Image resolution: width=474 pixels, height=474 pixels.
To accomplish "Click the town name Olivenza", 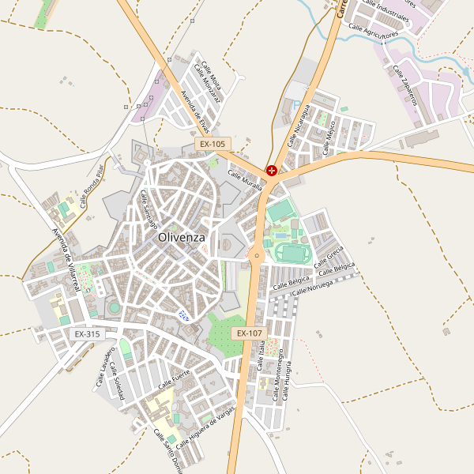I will pos(181,237).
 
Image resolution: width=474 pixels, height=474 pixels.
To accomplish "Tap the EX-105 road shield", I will pos(212,145).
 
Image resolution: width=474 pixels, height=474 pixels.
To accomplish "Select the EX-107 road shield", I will pos(248,333).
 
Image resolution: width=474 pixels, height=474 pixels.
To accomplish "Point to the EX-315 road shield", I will pos(87,334).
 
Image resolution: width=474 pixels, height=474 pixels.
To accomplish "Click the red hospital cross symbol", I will pos(272,170).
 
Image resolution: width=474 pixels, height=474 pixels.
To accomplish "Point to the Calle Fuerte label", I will pos(175,379).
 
